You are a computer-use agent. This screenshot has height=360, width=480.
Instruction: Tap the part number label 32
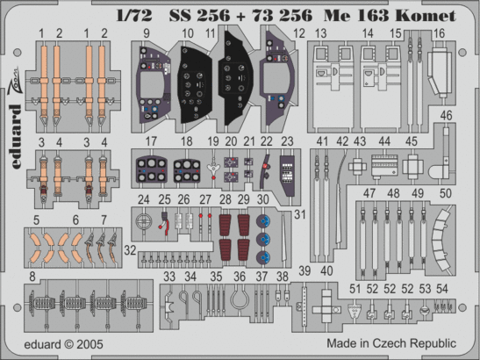(130, 249)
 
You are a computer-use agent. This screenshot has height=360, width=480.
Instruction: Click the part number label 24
(144, 198)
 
